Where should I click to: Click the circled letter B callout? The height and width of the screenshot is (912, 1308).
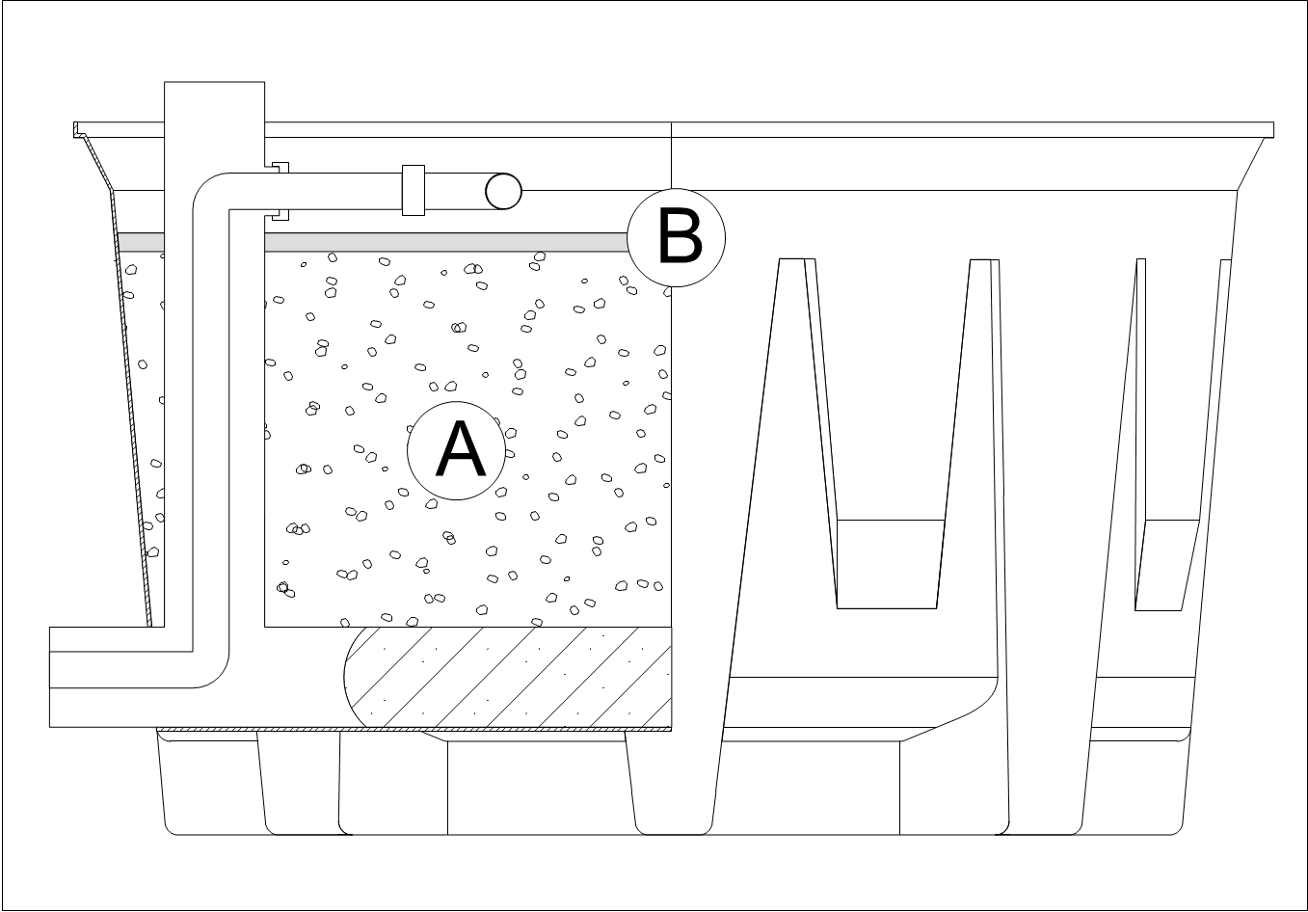[677, 237]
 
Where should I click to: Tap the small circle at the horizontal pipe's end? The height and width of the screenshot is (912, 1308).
[503, 191]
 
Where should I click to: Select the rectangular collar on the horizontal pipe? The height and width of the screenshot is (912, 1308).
[413, 190]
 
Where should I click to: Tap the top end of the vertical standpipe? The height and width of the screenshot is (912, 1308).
[214, 85]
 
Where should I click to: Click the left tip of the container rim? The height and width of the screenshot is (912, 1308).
[77, 129]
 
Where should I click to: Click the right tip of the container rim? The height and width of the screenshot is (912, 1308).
[1271, 130]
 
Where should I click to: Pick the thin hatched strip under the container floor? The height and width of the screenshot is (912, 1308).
[414, 729]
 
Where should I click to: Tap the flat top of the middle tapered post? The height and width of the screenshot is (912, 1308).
[981, 260]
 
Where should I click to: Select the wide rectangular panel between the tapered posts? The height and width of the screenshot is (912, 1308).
[889, 564]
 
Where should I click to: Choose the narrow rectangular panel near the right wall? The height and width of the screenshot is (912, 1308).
[1167, 564]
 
